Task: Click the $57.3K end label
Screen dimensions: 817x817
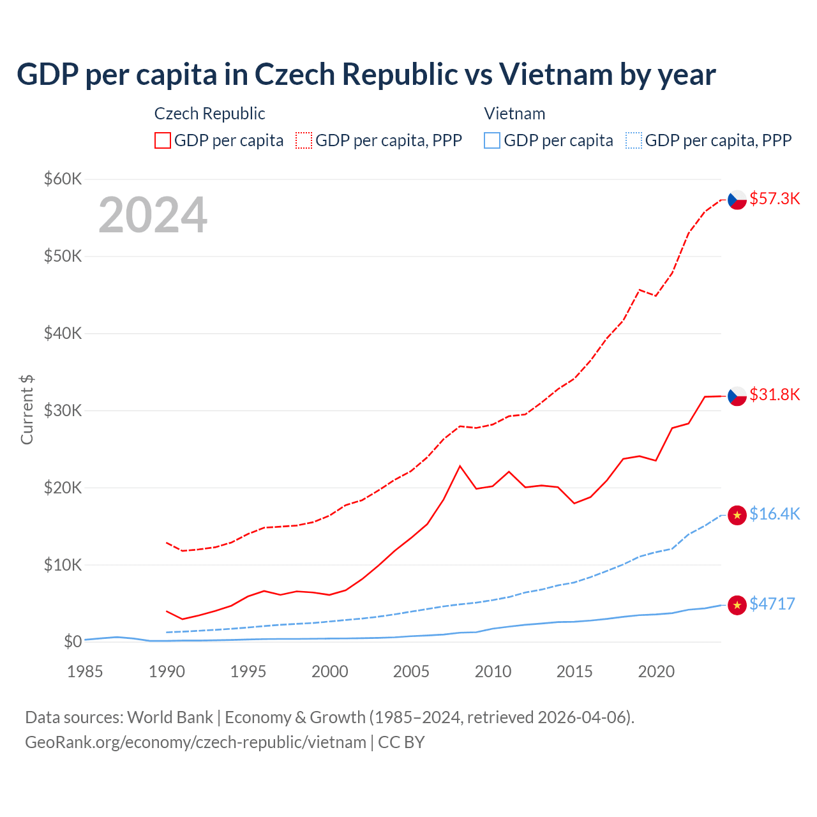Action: (x=774, y=199)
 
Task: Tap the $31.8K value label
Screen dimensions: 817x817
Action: (x=774, y=394)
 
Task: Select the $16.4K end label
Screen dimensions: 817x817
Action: (x=774, y=514)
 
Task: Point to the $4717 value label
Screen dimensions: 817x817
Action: (x=772, y=604)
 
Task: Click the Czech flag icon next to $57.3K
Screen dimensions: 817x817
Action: (x=737, y=200)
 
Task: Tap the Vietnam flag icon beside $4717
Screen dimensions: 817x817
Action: (x=737, y=604)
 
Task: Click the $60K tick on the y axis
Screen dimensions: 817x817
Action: (x=63, y=179)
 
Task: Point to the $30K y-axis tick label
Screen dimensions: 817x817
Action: (x=63, y=410)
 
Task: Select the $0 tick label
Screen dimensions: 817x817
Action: (x=73, y=641)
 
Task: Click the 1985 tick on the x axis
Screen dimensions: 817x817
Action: (x=85, y=671)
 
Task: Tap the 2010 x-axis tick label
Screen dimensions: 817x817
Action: (x=493, y=671)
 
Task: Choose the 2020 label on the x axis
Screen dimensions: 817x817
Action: (x=656, y=671)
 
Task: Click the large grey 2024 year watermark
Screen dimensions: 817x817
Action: (x=153, y=215)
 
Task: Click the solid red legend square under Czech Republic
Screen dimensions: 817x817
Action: (x=163, y=140)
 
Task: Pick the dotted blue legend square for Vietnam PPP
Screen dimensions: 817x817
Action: (x=634, y=140)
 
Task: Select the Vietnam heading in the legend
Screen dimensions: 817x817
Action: (x=514, y=114)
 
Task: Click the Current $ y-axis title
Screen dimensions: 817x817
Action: (x=27, y=410)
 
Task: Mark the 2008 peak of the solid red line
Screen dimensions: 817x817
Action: (x=460, y=466)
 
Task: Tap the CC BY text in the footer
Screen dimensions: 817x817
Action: (x=401, y=742)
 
